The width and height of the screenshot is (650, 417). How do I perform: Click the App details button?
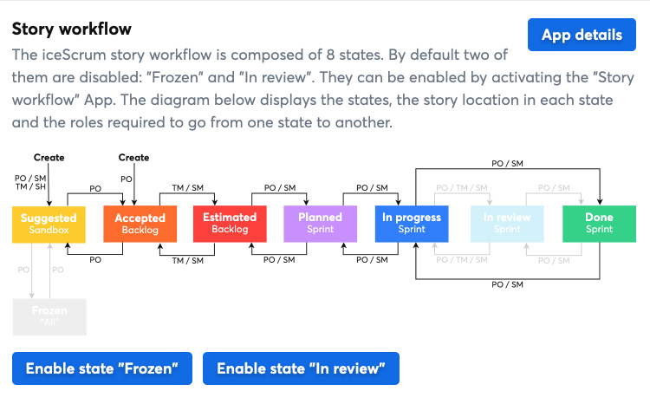point(582,35)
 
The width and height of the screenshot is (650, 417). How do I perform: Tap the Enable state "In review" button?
point(300,368)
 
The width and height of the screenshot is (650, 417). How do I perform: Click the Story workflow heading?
point(71,28)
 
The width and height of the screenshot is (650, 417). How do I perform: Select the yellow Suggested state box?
point(49,224)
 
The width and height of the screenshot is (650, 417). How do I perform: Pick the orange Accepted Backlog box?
point(140,224)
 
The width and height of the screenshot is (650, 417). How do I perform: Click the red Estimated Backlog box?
point(230,224)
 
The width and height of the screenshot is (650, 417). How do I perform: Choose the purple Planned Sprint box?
point(320,224)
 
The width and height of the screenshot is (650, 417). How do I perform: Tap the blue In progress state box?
point(412,224)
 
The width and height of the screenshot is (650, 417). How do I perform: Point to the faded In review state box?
point(507,224)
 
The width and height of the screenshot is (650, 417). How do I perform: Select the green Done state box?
point(599,224)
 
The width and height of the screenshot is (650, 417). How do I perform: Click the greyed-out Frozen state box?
point(49,316)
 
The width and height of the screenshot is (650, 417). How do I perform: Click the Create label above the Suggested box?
point(49,158)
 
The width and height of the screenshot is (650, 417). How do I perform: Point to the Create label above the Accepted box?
point(133,158)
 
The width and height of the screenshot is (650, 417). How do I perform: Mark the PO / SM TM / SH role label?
point(30,183)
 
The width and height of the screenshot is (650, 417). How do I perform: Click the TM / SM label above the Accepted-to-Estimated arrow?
point(187,187)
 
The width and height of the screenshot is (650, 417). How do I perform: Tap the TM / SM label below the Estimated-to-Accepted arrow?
point(187,260)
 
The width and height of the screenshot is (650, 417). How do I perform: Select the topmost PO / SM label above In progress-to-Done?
point(507,163)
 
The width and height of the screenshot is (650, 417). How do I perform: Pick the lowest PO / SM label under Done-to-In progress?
point(507,284)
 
